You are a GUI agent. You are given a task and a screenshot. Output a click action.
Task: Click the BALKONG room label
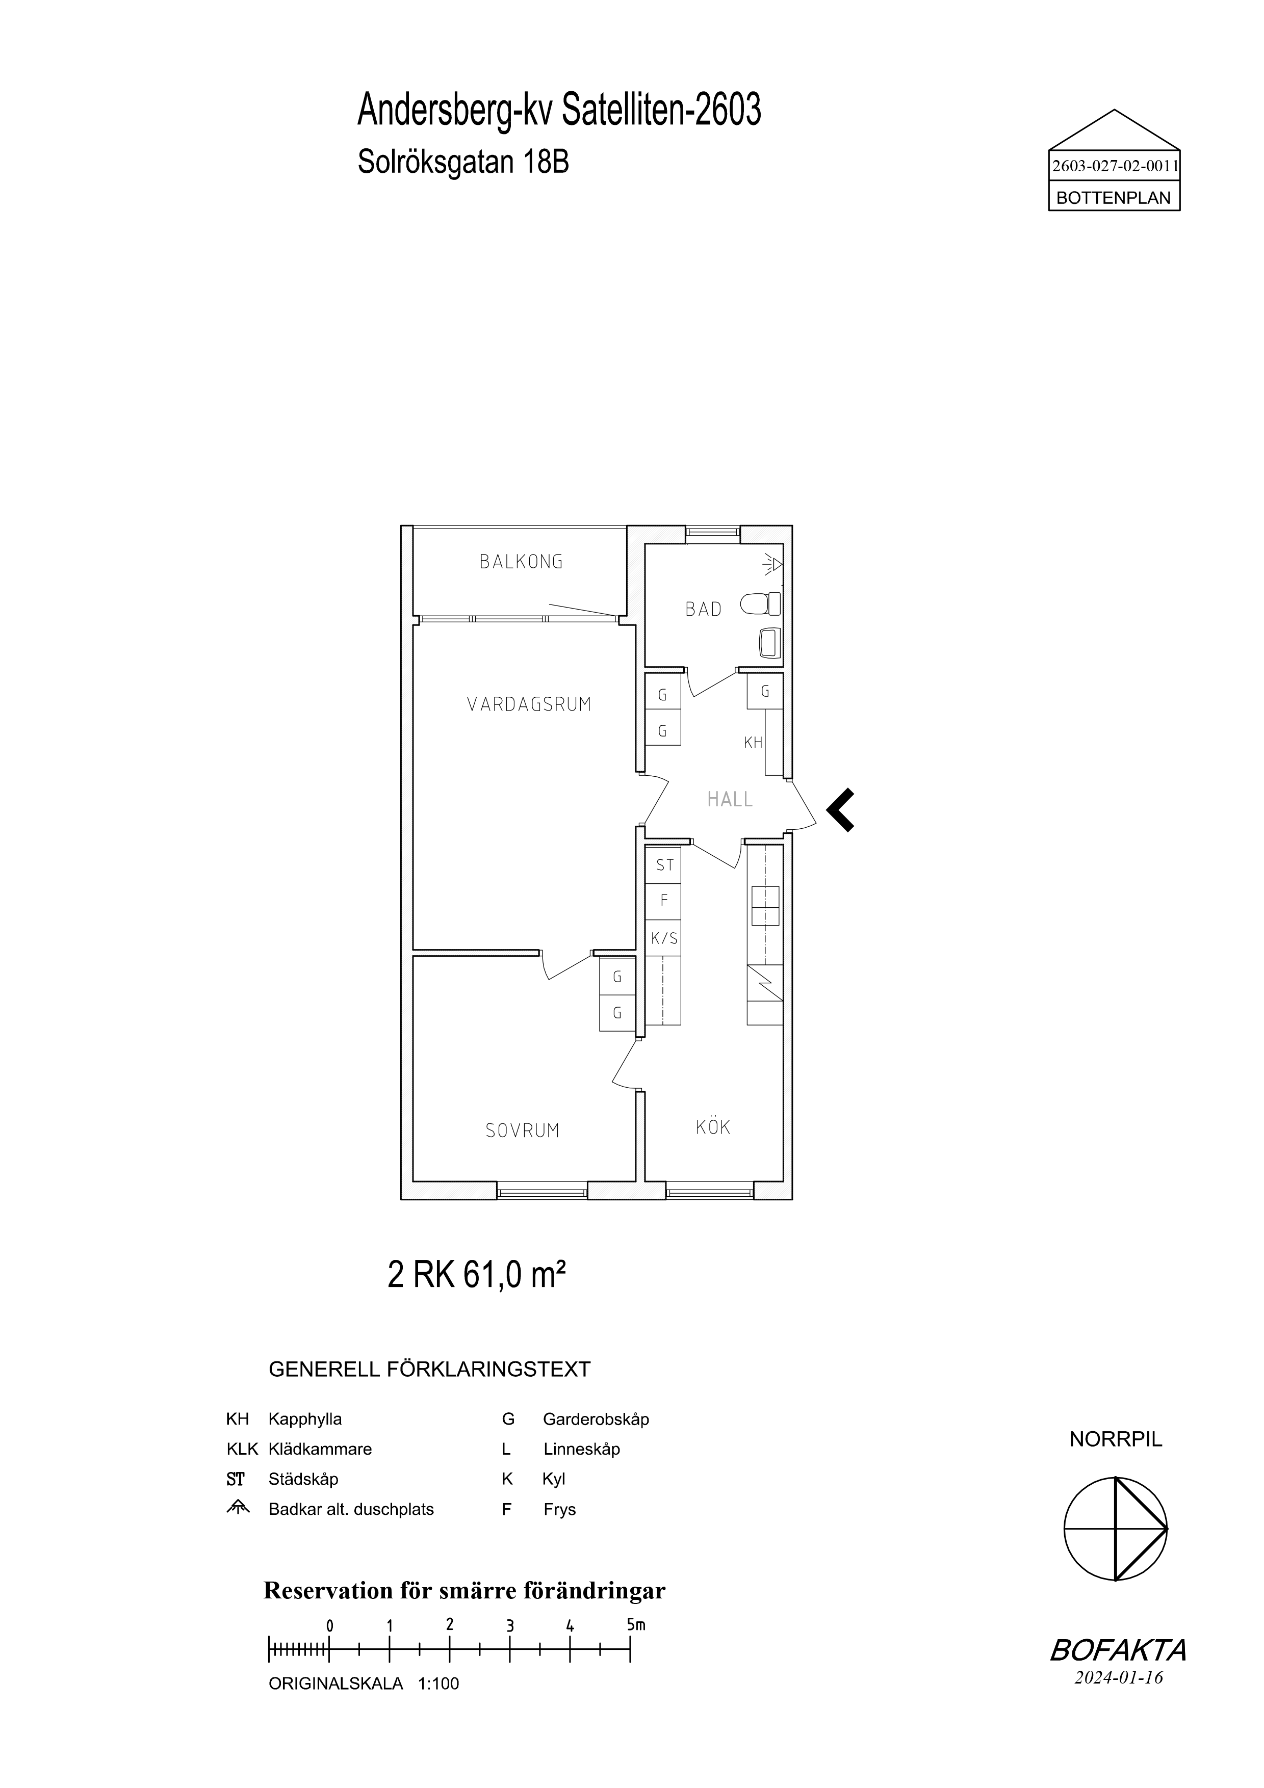[x=521, y=562]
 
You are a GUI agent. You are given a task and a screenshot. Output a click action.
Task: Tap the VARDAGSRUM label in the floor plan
[x=530, y=705]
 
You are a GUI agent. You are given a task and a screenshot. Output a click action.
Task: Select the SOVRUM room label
[x=523, y=1130]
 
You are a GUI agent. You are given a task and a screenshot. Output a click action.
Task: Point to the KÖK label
[x=713, y=1127]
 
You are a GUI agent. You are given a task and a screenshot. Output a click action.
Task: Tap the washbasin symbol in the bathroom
[x=769, y=643]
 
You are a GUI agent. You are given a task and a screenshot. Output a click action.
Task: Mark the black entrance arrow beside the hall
[x=840, y=811]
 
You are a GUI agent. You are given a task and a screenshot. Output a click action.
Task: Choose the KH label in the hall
[x=753, y=743]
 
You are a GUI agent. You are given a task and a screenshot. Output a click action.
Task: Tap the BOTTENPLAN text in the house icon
[x=1114, y=199]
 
